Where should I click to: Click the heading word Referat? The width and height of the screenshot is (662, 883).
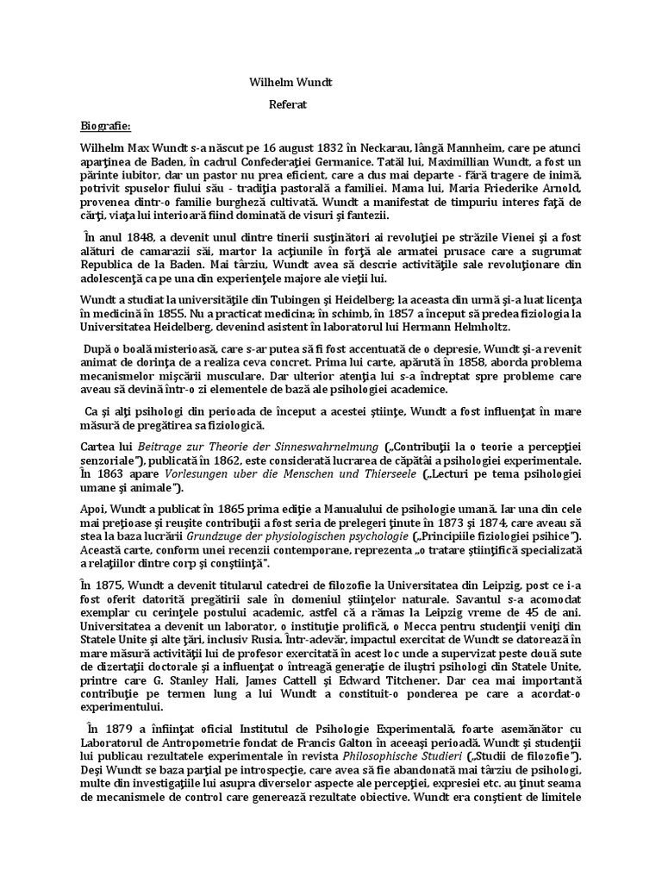point(288,103)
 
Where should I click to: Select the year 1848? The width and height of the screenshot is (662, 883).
point(134,236)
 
